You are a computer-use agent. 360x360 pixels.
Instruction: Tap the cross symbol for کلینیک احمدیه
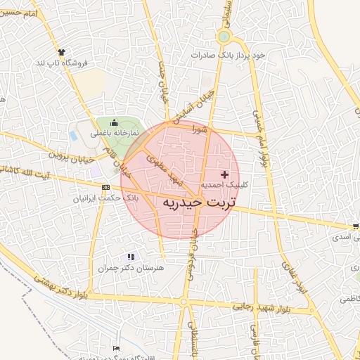[x=224, y=174]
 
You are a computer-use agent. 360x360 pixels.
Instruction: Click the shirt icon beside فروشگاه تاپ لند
[x=61, y=52]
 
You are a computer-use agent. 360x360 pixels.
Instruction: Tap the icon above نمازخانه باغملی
[x=115, y=123]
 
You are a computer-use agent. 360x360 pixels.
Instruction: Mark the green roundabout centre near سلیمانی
[x=224, y=37]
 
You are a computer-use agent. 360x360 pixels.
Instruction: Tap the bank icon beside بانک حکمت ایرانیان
[x=105, y=187]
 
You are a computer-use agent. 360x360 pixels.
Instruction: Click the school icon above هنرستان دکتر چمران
[x=130, y=257]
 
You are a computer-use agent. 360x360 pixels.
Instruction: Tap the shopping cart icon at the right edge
[x=356, y=226]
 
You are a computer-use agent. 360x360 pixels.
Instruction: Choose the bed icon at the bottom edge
[x=117, y=349]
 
